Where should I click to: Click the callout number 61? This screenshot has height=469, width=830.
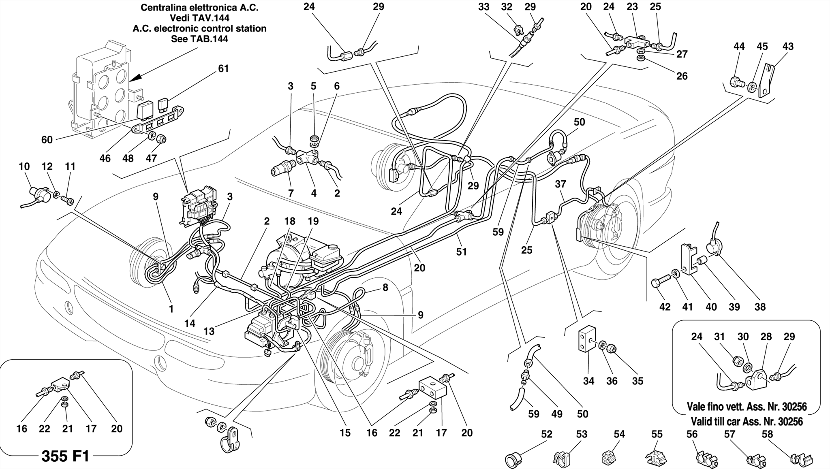click(x=223, y=69)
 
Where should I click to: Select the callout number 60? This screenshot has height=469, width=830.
click(x=47, y=140)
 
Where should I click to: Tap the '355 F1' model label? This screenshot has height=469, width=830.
click(x=65, y=456)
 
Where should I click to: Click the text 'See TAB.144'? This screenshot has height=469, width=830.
click(x=199, y=39)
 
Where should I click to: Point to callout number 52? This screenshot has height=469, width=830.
click(x=547, y=434)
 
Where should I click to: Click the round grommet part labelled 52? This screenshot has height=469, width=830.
click(x=514, y=460)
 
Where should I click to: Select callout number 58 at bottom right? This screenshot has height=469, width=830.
click(x=767, y=434)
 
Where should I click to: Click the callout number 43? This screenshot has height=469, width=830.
click(x=787, y=47)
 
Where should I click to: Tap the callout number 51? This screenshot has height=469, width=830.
click(x=461, y=252)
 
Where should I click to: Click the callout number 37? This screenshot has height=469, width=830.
click(x=560, y=184)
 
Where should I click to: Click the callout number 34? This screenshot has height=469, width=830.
click(x=588, y=381)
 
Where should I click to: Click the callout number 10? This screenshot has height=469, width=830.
click(x=24, y=166)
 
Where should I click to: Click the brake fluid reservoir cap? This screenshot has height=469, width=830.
click(x=332, y=247)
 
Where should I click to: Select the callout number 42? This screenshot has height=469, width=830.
click(x=665, y=307)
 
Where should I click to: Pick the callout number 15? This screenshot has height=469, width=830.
click(x=345, y=433)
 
